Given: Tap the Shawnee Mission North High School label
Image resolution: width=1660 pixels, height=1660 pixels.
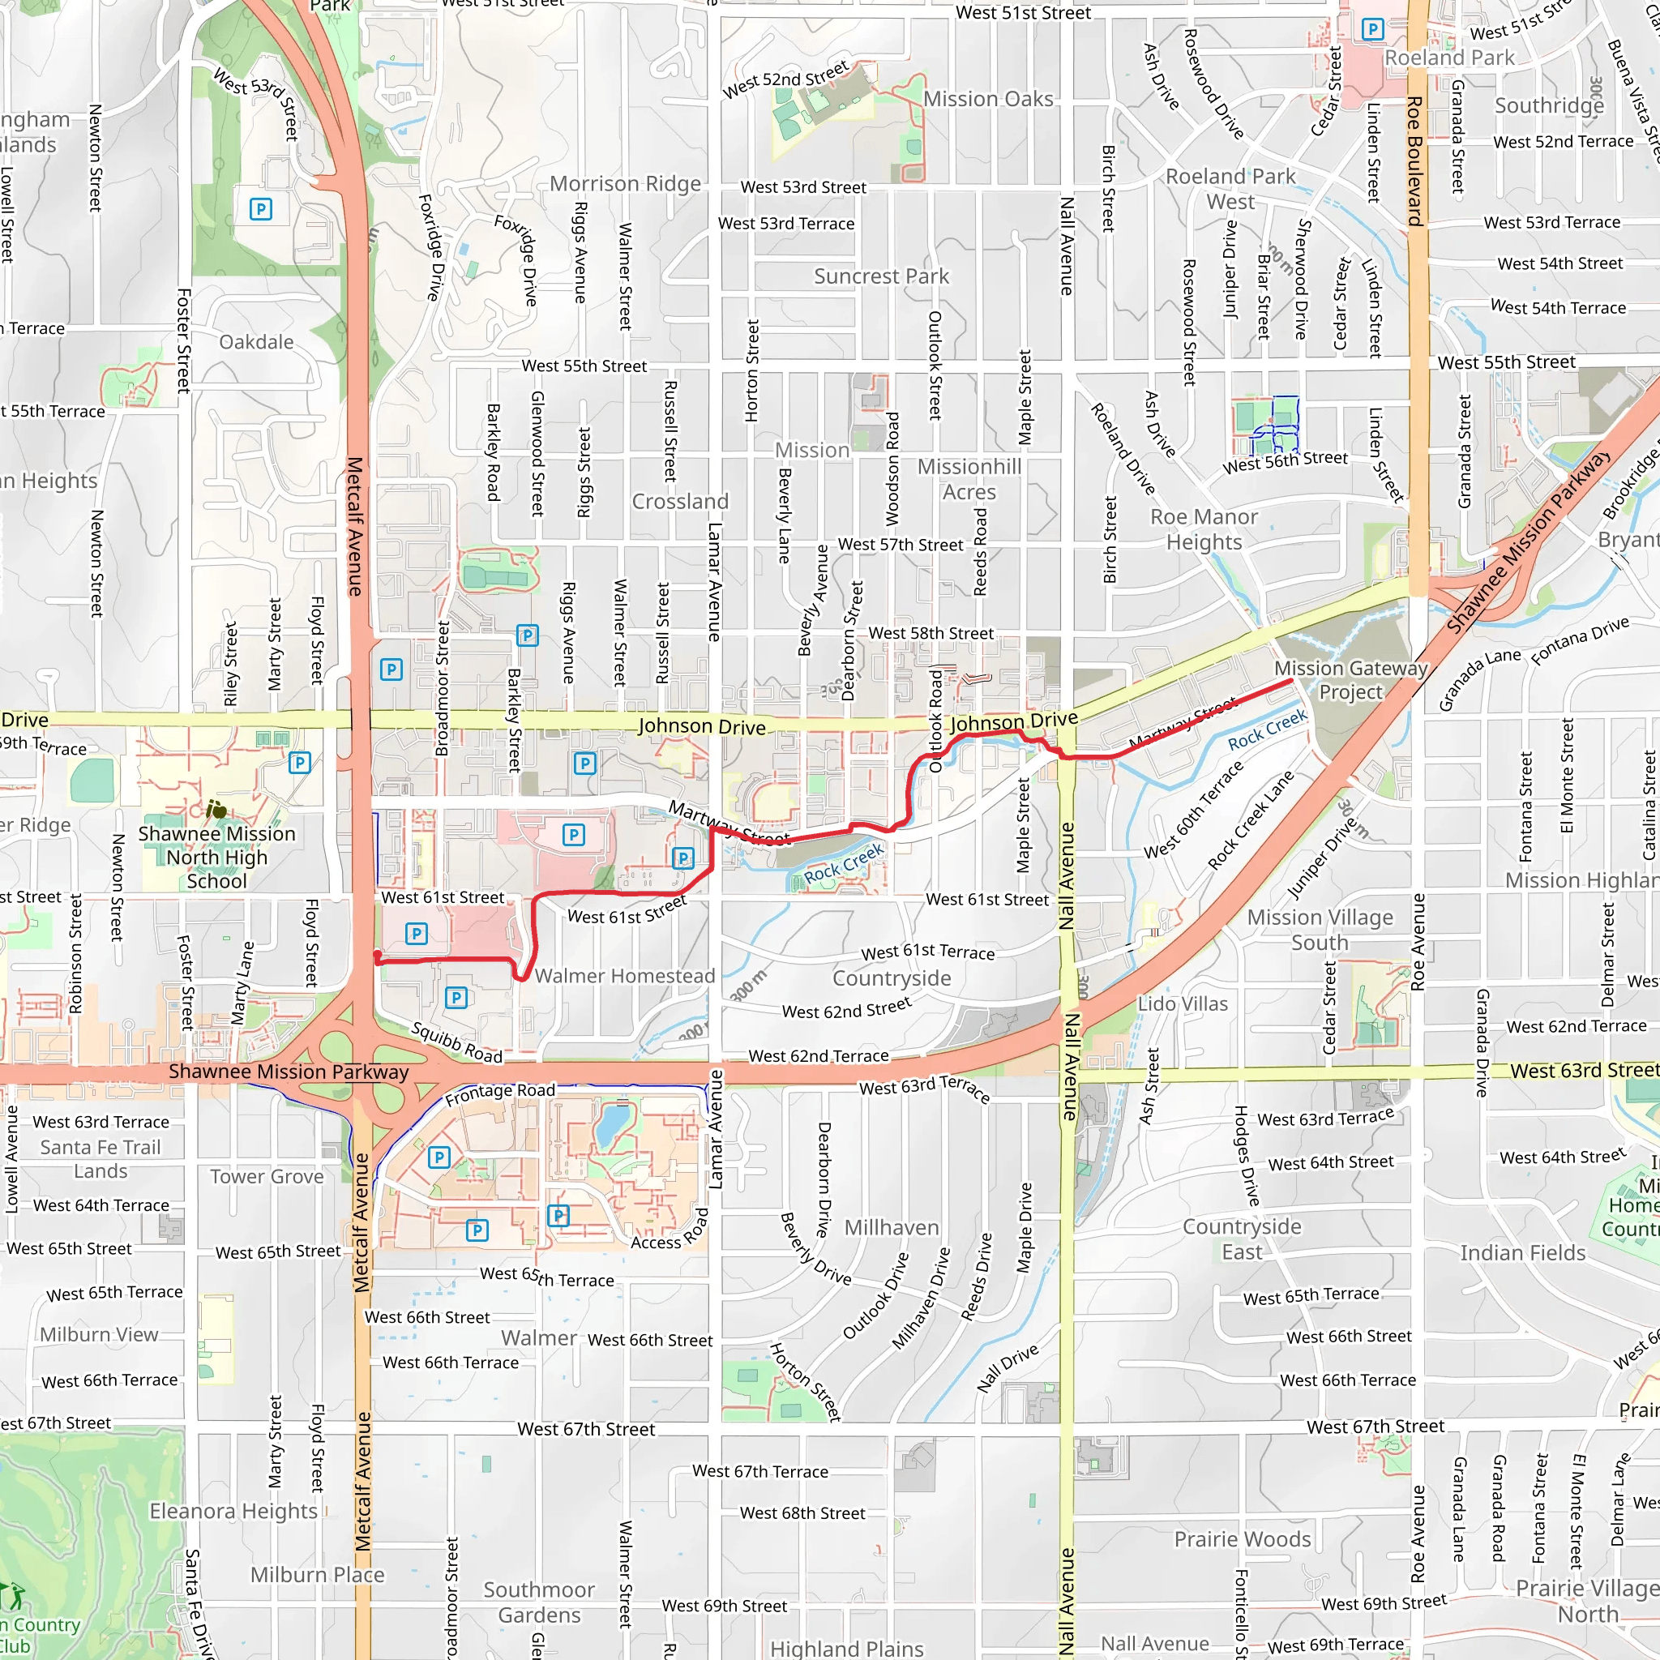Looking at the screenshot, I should (x=216, y=857).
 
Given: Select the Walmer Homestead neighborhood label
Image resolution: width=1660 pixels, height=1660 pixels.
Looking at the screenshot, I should (x=625, y=975).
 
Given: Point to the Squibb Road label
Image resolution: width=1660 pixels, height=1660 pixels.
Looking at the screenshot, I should (x=456, y=1042).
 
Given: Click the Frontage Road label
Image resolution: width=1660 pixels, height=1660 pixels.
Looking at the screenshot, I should (x=500, y=1093).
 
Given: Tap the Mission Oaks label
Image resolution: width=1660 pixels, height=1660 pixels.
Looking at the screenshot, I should (x=988, y=99).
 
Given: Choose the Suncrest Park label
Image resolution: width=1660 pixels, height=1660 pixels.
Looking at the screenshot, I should (x=881, y=276).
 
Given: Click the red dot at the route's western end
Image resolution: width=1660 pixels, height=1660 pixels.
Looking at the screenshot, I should (x=376, y=955).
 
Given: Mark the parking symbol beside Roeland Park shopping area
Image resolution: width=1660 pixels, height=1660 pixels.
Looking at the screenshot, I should (x=1373, y=29).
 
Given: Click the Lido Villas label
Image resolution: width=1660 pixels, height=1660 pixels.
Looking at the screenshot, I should (x=1183, y=1003).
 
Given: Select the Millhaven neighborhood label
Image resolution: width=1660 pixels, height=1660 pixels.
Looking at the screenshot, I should (x=891, y=1227).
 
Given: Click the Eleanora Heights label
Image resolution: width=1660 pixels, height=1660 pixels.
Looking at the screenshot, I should (x=233, y=1511).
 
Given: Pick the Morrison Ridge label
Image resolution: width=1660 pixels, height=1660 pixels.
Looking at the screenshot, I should (x=626, y=183).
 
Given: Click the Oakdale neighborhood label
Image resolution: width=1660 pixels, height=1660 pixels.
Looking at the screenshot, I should (x=256, y=342).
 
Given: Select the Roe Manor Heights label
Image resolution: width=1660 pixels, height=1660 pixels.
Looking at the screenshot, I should (x=1204, y=529).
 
